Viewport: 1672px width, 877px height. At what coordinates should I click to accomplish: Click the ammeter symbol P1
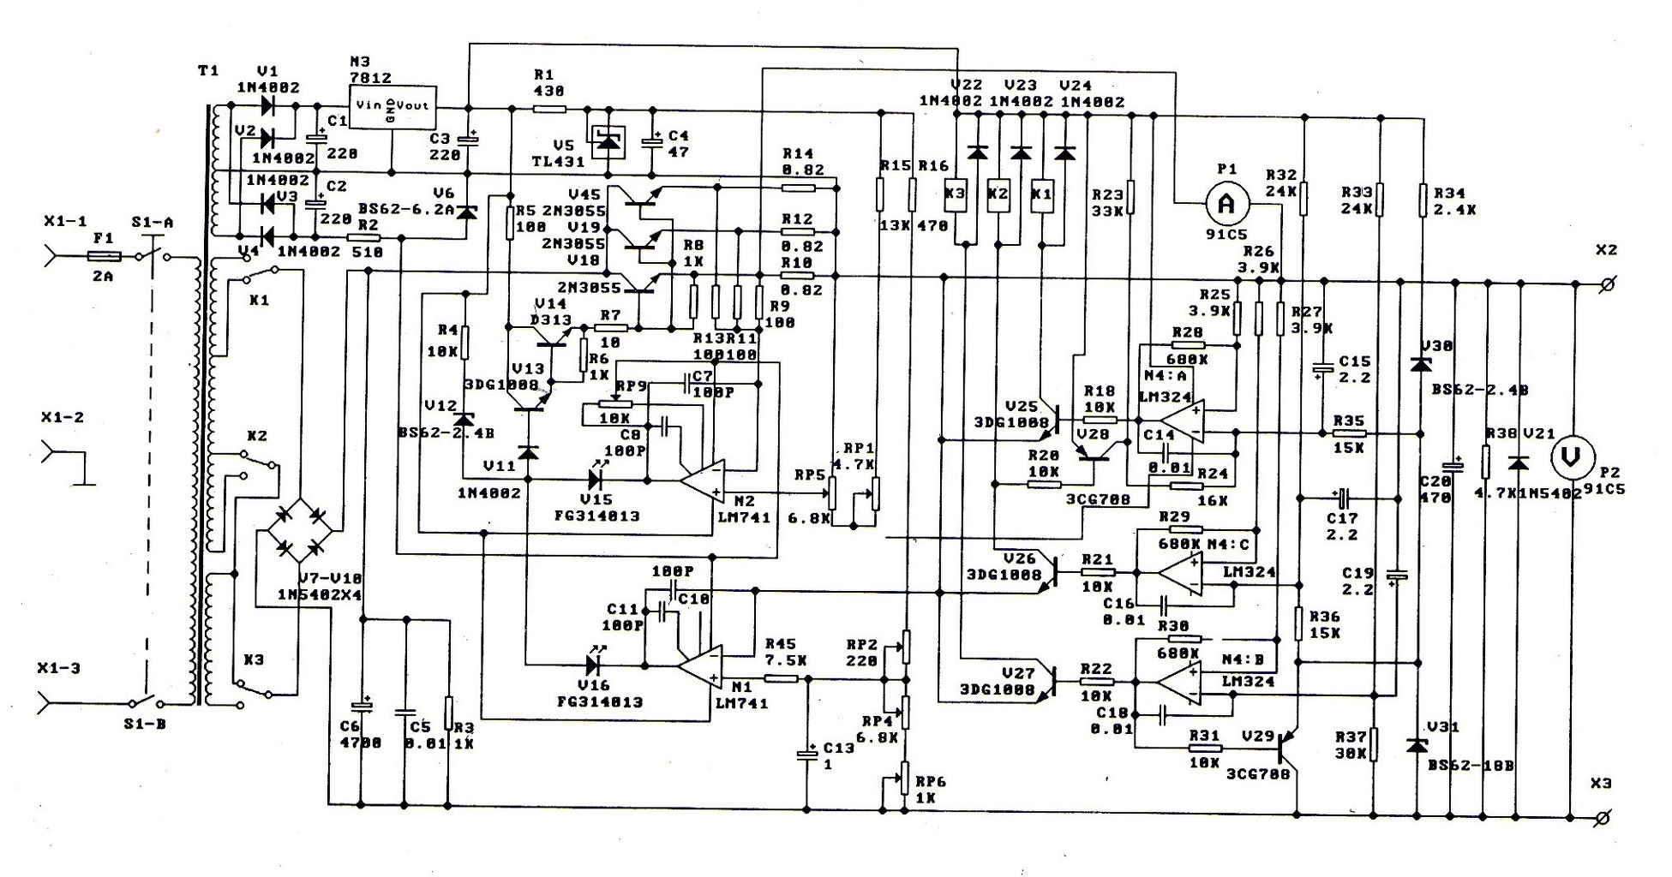pyautogui.click(x=1226, y=204)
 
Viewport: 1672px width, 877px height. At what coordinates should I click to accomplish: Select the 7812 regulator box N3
pyautogui.click(x=392, y=107)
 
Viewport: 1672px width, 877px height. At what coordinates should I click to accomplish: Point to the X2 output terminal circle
pyautogui.click(x=1607, y=284)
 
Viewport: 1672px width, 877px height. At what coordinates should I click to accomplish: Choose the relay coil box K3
pyautogui.click(x=955, y=194)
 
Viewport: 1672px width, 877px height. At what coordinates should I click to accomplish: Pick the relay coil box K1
pyautogui.click(x=1042, y=194)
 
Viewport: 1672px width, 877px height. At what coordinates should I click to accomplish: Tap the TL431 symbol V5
pyautogui.click(x=607, y=140)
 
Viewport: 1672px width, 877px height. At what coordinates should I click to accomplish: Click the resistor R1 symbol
pyautogui.click(x=549, y=109)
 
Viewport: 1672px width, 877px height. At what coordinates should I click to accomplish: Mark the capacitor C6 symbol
pyautogui.click(x=365, y=707)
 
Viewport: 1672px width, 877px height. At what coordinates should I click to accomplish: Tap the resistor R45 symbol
pyautogui.click(x=781, y=678)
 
